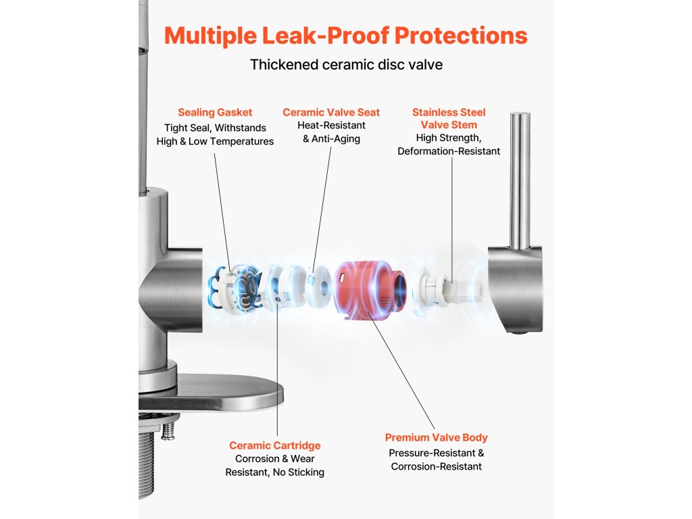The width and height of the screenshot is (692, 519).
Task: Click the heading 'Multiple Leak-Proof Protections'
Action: (x=345, y=35)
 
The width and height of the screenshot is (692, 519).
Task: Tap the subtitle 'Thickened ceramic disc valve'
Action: (x=345, y=65)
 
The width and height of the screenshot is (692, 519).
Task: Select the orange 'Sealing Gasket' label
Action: (x=215, y=112)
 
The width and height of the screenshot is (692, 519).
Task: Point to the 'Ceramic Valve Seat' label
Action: (x=331, y=112)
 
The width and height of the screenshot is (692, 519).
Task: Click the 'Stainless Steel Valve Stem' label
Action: (x=449, y=118)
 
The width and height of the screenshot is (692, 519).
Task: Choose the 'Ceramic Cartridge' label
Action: (x=274, y=445)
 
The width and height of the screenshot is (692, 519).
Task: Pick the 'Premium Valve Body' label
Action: (x=436, y=437)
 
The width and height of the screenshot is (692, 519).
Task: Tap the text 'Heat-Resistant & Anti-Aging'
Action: (x=331, y=132)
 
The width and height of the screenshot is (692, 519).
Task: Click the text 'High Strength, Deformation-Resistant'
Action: (x=449, y=145)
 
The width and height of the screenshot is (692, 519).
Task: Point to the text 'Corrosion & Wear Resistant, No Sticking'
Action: (x=274, y=466)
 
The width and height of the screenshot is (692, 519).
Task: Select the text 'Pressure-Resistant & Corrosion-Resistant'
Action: (x=436, y=460)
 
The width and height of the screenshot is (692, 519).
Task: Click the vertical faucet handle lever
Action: (x=519, y=179)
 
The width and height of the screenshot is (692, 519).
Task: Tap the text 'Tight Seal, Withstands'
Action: (x=215, y=128)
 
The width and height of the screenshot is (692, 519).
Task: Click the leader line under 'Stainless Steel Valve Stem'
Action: (x=451, y=216)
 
